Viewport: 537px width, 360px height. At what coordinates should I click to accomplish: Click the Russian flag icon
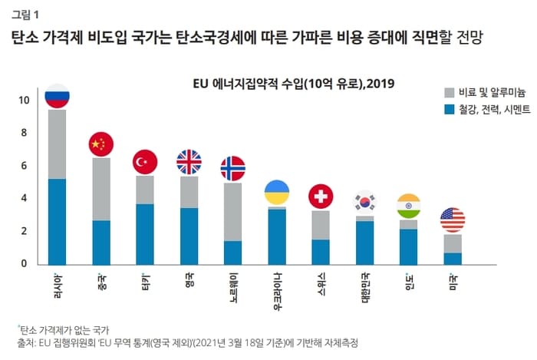tap(57, 96)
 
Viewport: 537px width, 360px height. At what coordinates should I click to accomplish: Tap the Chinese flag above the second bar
tap(101, 144)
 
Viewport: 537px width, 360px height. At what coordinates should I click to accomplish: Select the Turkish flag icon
tap(145, 162)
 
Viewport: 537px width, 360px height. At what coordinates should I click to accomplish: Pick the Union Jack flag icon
tap(189, 162)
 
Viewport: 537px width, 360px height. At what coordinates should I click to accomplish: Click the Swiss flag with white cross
tap(321, 197)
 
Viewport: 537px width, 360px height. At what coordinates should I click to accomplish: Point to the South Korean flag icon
tap(364, 202)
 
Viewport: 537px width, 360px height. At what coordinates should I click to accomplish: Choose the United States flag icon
tap(453, 220)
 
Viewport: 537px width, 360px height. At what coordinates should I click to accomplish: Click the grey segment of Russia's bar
tap(57, 144)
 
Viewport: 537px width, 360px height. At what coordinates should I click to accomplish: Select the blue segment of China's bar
tap(101, 242)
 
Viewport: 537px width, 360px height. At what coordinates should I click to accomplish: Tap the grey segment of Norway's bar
tap(232, 212)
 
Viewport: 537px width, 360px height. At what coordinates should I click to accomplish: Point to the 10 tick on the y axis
tap(25, 101)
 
